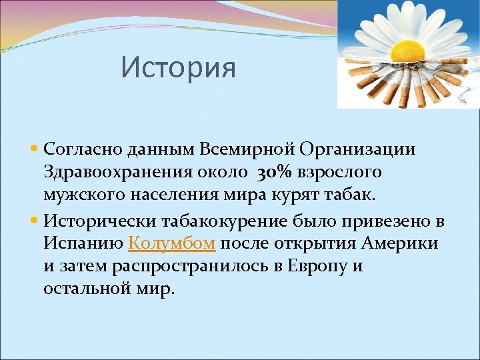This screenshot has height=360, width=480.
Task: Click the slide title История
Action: point(179,67)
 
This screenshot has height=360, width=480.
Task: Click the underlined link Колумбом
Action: point(171,243)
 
